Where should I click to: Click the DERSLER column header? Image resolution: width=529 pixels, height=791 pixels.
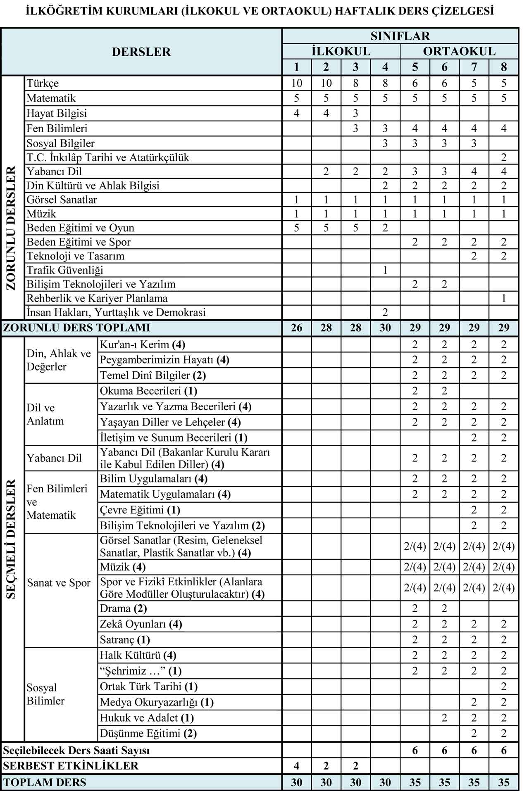click(141, 52)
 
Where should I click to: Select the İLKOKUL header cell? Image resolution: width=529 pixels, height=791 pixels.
click(341, 51)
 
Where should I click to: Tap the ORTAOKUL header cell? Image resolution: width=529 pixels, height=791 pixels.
click(459, 51)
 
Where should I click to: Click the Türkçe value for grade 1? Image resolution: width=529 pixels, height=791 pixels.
click(296, 83)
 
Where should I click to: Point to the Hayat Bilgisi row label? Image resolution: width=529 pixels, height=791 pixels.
click(57, 113)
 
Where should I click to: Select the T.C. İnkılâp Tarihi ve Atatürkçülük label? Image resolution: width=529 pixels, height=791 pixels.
click(108, 157)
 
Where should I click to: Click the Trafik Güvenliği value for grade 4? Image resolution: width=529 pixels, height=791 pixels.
click(385, 270)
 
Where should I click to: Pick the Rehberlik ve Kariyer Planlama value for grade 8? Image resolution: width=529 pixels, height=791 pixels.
click(503, 298)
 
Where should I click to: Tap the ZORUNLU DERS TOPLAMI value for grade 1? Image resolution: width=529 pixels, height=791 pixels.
click(296, 328)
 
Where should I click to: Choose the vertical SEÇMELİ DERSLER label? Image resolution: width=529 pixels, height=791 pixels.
click(11, 539)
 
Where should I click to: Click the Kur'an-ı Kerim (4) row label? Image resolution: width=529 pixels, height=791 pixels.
click(142, 344)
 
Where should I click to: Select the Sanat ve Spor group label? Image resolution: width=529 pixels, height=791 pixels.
click(59, 583)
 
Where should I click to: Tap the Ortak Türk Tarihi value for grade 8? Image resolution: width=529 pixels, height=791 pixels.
click(503, 686)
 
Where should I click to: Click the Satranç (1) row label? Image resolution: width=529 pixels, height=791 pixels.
click(125, 640)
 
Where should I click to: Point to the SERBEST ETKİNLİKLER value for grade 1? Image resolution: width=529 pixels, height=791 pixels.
click(296, 766)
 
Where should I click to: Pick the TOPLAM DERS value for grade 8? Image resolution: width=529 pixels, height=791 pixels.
click(503, 782)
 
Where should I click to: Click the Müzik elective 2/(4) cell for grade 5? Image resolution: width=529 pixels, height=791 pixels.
click(415, 567)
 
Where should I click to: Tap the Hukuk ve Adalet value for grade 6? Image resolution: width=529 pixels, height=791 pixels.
click(444, 718)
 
